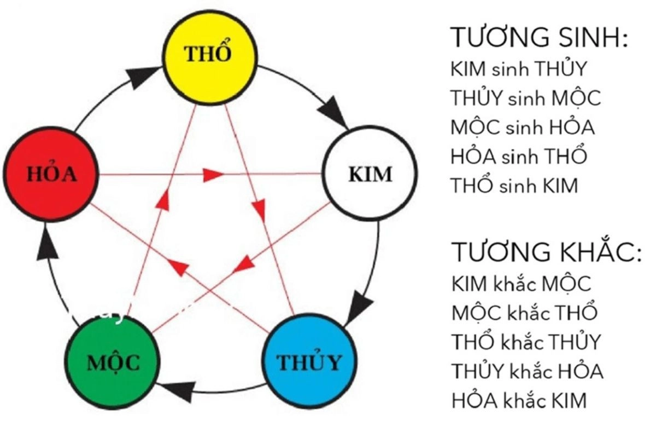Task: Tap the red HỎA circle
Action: pos(52,175)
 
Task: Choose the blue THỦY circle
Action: pos(309,362)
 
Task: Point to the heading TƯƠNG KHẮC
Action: pos(546,252)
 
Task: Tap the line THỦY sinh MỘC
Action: pos(525,99)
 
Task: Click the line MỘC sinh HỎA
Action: pos(523,128)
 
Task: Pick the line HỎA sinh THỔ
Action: pos(519,157)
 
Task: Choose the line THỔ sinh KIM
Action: pos(514,186)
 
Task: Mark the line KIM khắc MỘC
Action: pos(522,284)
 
